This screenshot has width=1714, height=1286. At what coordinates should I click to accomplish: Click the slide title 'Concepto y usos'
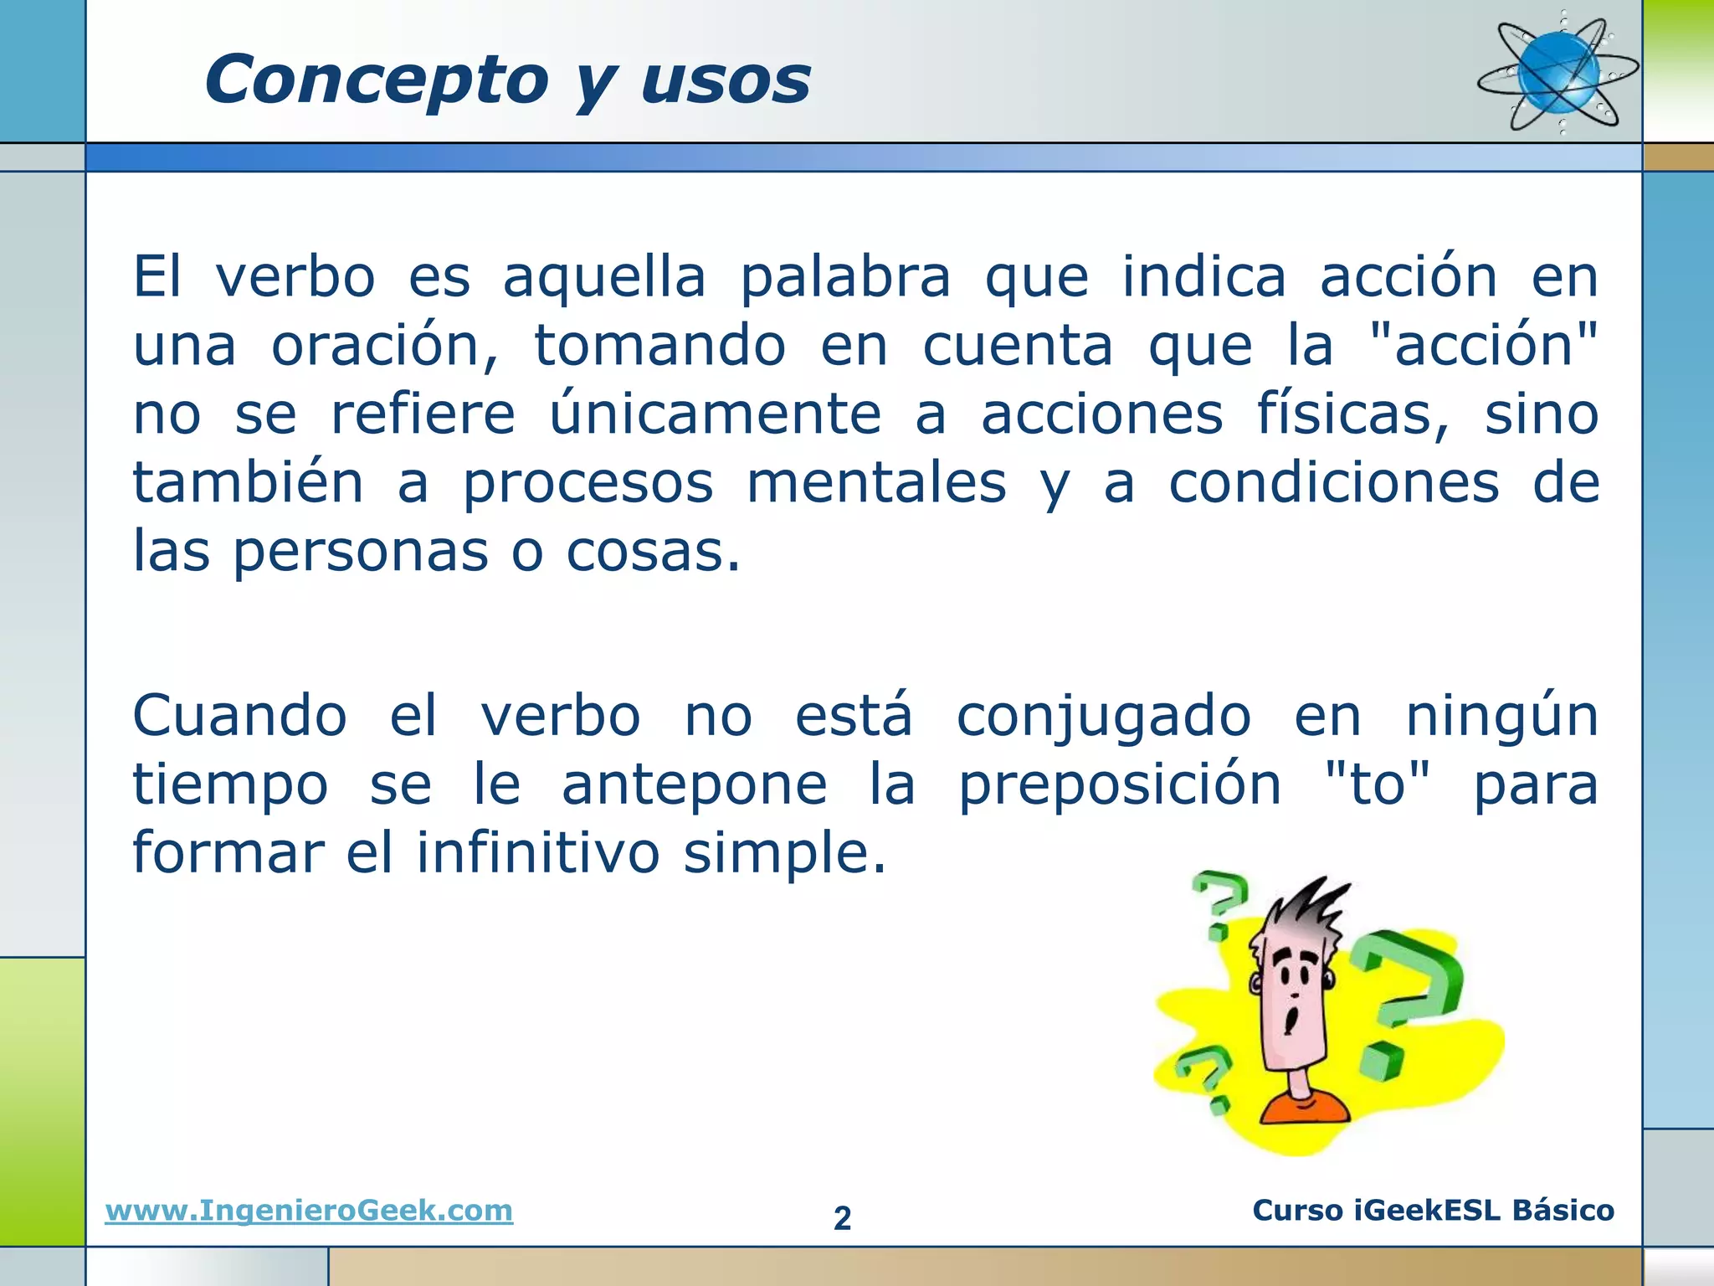507,80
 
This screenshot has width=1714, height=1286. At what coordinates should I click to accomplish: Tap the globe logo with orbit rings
1558,73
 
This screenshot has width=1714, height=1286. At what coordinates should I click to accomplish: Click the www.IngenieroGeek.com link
309,1211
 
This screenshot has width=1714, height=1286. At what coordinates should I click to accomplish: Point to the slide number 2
842,1218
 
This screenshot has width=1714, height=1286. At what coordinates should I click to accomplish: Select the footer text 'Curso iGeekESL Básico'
1433,1211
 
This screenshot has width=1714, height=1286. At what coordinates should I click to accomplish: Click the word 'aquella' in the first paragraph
604,279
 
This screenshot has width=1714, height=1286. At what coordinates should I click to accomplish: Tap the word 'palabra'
845,279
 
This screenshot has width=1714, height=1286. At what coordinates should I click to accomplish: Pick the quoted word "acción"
1484,346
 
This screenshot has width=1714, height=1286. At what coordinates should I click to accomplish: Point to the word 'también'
249,483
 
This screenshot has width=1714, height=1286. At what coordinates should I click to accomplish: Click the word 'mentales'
876,483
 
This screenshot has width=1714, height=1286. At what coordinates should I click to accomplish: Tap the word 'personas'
360,553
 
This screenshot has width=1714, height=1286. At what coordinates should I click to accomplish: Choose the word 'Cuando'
240,717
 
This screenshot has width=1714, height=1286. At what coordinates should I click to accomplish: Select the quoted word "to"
1378,784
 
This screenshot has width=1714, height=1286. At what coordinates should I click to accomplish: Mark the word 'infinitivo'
538,853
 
